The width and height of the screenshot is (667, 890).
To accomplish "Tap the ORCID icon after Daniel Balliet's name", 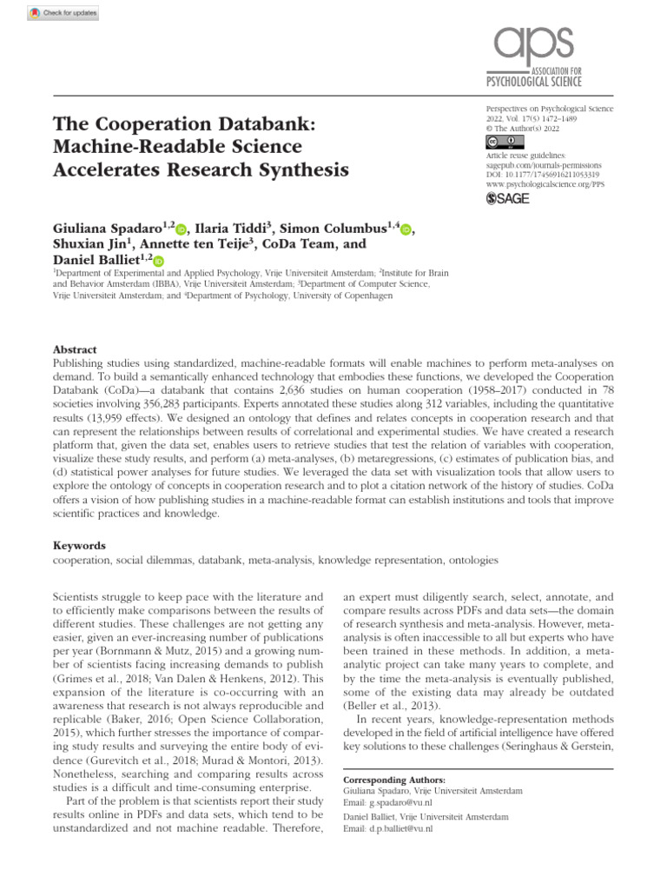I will click(x=158, y=260).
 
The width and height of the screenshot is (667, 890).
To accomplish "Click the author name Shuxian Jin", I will click(x=84, y=244).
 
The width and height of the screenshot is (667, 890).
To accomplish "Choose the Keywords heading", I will click(x=79, y=546).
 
